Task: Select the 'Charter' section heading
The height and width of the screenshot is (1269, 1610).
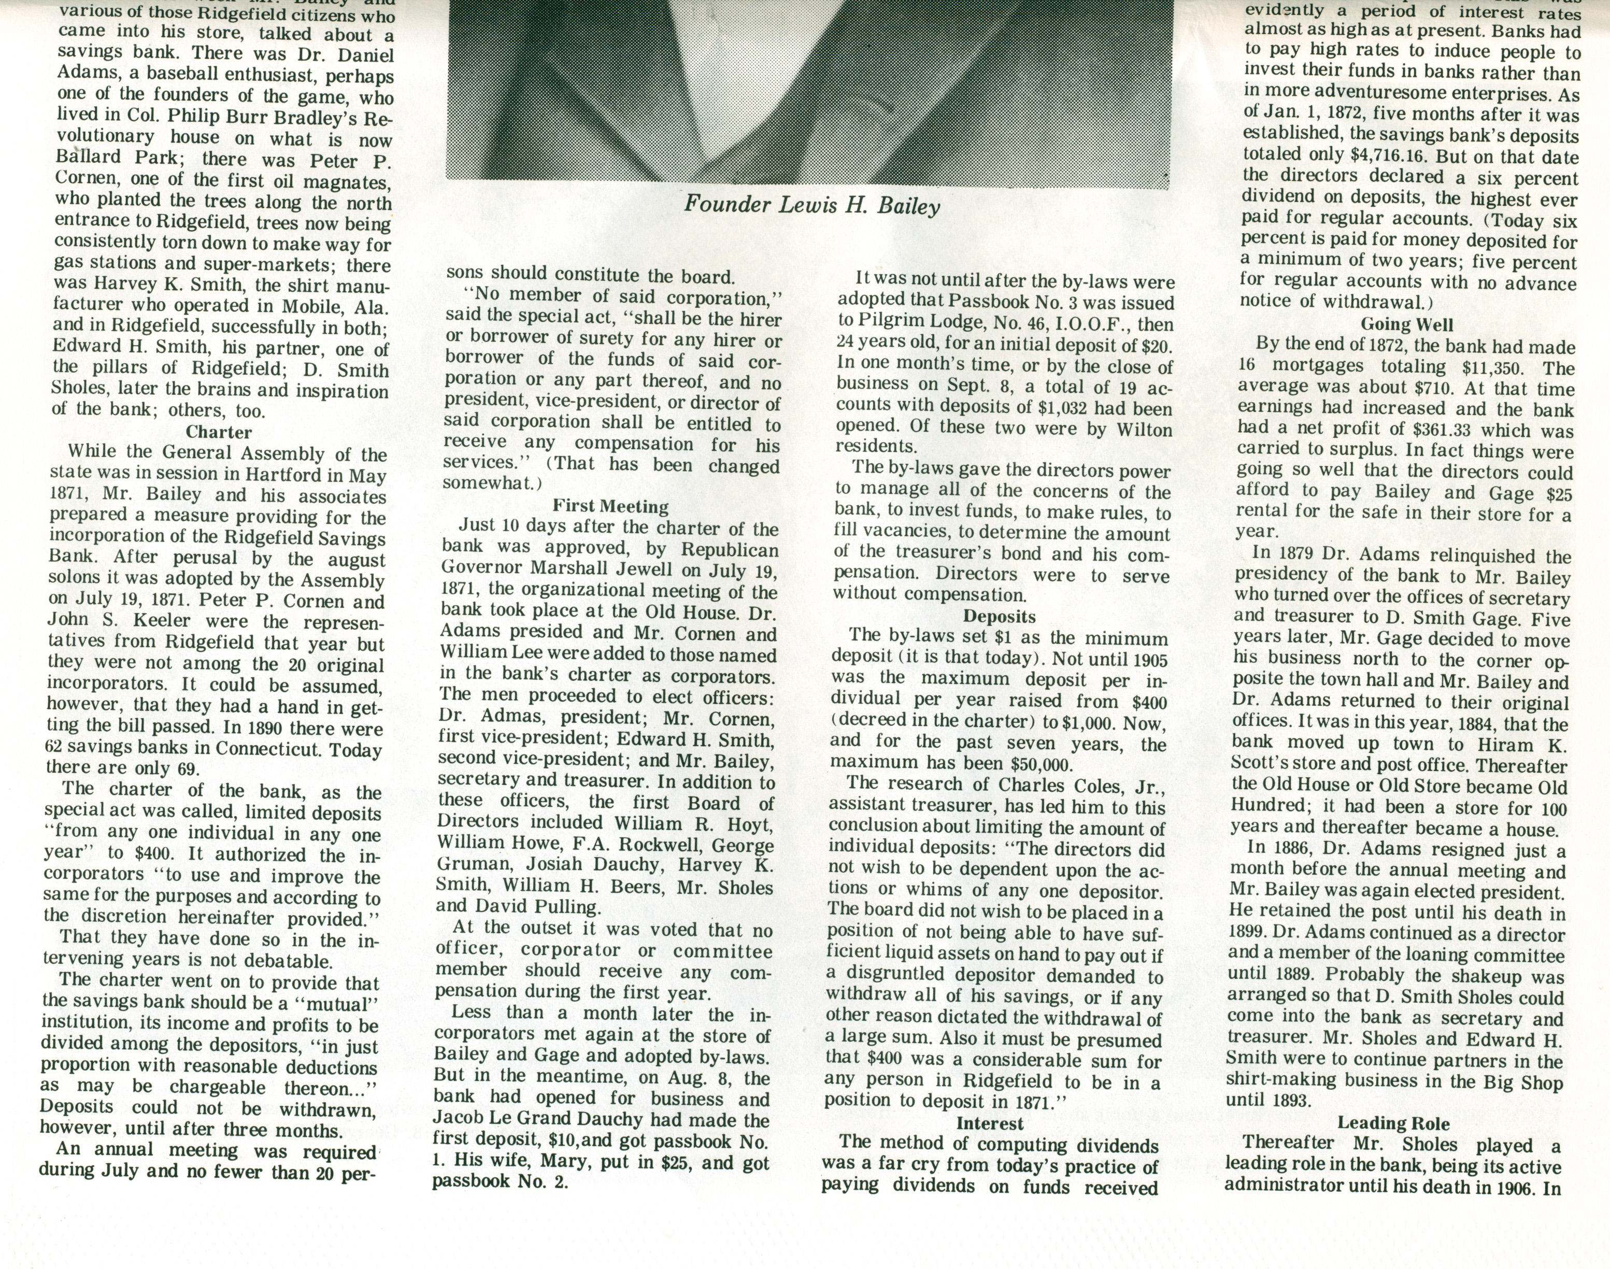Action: click(219, 432)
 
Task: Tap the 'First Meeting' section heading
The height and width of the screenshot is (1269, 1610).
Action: click(610, 507)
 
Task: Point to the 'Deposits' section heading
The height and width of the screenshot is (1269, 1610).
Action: click(999, 617)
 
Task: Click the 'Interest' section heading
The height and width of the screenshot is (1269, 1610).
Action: click(990, 1123)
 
